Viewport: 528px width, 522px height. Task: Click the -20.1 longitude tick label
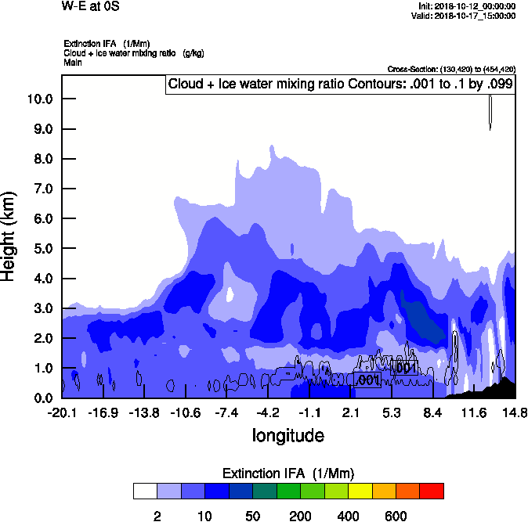click(x=62, y=412)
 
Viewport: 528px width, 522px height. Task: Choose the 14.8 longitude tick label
click(x=515, y=412)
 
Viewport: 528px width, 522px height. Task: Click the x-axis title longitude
click(x=288, y=435)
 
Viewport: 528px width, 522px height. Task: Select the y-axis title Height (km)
click(x=10, y=236)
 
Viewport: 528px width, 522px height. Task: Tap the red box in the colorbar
click(x=432, y=491)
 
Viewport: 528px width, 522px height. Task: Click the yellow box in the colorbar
click(x=360, y=491)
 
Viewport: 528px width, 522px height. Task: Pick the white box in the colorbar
click(x=144, y=491)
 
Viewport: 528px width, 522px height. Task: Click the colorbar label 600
click(x=396, y=517)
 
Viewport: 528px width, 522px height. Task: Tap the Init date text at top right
click(x=467, y=6)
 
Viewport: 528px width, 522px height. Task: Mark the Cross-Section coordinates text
click(x=451, y=70)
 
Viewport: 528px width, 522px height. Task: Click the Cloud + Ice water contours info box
click(x=341, y=85)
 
